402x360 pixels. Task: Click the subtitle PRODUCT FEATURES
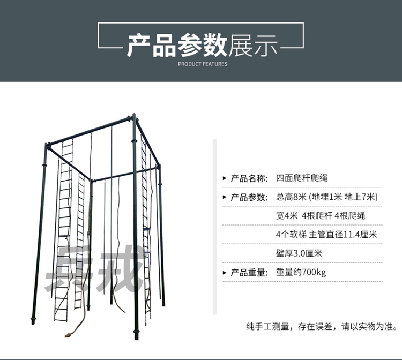tap(203, 64)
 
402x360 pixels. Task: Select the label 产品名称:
tap(249, 178)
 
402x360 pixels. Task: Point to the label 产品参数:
tap(249, 197)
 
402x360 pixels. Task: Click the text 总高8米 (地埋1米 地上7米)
tap(327, 197)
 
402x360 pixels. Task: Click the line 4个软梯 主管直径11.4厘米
tap(326, 235)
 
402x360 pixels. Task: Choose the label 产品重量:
tap(249, 272)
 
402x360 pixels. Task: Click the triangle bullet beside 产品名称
tap(224, 179)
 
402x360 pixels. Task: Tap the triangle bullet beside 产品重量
tap(224, 273)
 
